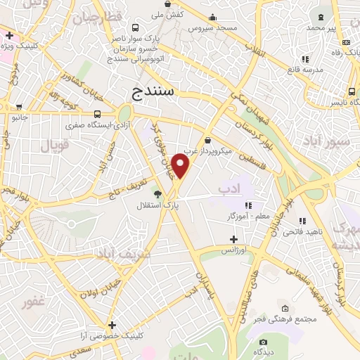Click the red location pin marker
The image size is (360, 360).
(181, 166)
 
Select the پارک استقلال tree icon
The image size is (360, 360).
(157, 194)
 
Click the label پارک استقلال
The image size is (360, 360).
(157, 206)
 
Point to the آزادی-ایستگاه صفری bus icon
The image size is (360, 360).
(96, 114)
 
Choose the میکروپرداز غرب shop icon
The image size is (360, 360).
(208, 140)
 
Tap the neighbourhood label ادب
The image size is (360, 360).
(229, 188)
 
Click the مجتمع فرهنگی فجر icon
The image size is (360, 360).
(285, 308)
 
